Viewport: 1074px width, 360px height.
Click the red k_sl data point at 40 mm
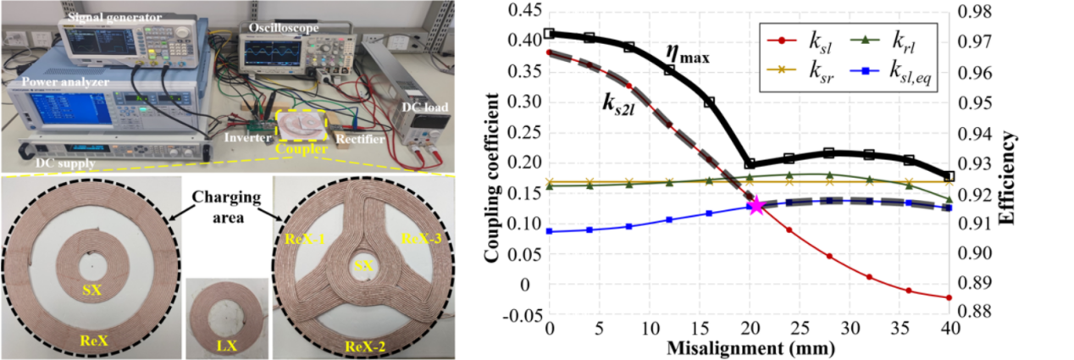point(949,297)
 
